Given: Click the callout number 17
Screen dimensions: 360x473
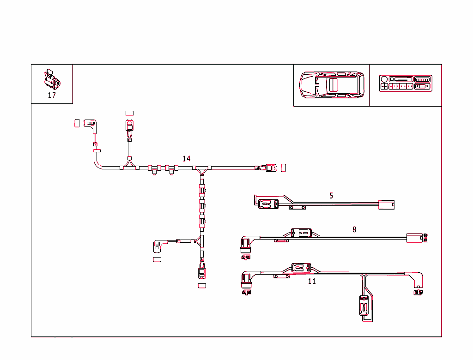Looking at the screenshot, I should [52, 96].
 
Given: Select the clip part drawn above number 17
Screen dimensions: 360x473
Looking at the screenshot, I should [51, 79].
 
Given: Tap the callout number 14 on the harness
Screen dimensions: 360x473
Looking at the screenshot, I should [186, 158].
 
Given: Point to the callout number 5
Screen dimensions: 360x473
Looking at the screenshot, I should [331, 196].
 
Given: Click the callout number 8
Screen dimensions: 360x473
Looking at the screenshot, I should [354, 229].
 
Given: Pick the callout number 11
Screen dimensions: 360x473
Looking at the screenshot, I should [312, 281].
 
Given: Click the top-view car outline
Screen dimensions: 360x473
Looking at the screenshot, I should [331, 84].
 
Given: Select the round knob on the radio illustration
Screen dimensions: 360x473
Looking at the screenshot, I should [384, 79].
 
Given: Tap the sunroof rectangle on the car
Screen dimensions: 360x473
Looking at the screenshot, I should [333, 84].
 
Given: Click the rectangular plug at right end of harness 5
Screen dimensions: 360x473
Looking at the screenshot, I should [386, 204].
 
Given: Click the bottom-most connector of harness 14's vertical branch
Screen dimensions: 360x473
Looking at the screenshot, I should [202, 273].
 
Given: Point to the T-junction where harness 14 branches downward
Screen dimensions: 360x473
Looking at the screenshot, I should [202, 170].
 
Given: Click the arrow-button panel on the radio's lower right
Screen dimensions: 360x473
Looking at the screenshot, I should [422, 86].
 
